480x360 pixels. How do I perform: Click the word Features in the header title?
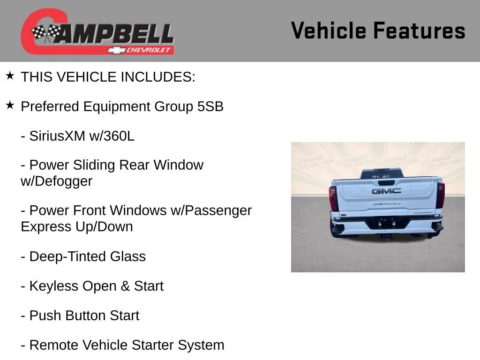[x=419, y=31]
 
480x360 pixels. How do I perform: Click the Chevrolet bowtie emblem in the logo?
[x=115, y=50]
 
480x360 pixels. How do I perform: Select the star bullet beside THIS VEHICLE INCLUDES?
[x=10, y=76]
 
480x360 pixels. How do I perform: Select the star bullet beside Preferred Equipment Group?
[x=10, y=105]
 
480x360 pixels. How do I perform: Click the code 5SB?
[x=210, y=106]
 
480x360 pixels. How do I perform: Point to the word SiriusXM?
[x=57, y=136]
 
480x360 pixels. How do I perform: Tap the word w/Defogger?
[x=56, y=181]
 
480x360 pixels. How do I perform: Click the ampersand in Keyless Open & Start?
[x=125, y=286]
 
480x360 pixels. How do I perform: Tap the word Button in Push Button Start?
[x=85, y=315]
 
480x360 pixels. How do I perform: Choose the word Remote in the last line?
[x=54, y=345]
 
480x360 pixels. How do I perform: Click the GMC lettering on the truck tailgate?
[x=386, y=191]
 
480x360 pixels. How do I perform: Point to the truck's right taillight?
[x=440, y=195]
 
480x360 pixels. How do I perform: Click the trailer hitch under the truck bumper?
[x=387, y=237]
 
